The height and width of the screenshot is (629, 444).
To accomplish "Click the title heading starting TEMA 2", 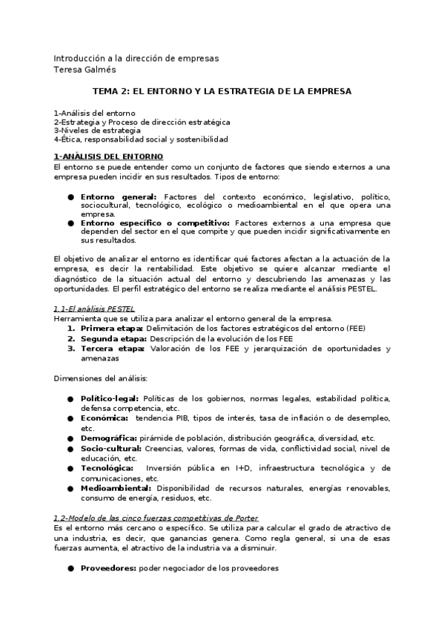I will (222, 90).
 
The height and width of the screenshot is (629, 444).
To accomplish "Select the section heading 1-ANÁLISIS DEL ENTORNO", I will (108, 157).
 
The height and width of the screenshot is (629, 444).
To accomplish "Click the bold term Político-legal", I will (109, 398).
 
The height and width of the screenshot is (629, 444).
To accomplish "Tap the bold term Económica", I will (105, 418).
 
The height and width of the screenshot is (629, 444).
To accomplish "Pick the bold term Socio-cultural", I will (110, 448).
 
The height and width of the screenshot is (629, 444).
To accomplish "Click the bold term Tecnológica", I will (107, 468).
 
